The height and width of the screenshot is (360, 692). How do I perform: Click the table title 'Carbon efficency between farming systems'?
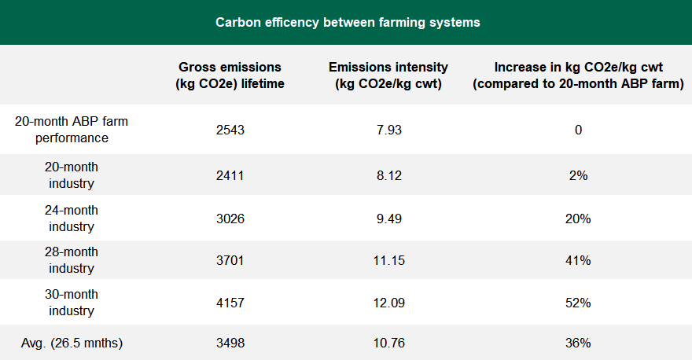tap(348, 22)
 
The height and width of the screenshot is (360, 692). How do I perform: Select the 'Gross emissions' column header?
tap(230, 75)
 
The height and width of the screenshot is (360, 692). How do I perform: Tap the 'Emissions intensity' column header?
tap(388, 75)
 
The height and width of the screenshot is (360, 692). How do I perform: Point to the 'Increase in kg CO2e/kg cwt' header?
tap(578, 75)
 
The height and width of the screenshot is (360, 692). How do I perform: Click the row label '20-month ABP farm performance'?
tap(72, 130)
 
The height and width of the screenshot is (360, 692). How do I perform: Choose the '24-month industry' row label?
tap(72, 219)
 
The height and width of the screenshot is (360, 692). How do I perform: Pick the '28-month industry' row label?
tap(72, 260)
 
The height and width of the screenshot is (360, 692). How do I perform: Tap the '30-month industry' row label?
tap(72, 303)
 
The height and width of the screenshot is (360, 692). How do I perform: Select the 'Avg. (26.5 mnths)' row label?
tap(72, 343)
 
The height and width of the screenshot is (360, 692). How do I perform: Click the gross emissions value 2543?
tap(230, 130)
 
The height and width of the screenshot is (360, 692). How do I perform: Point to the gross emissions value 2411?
tap(230, 175)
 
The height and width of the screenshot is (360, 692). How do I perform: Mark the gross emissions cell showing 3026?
tap(230, 219)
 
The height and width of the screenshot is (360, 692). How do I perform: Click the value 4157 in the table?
tap(230, 303)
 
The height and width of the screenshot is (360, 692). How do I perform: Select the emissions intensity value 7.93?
tap(388, 130)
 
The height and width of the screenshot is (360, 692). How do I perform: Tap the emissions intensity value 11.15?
tap(388, 260)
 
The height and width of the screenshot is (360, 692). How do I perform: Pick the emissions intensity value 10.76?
tap(388, 343)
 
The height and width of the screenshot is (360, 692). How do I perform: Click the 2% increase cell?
tap(578, 175)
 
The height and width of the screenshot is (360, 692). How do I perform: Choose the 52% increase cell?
tap(578, 303)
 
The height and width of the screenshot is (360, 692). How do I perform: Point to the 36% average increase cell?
tap(578, 343)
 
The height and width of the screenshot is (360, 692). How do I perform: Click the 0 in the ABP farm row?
tap(578, 130)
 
